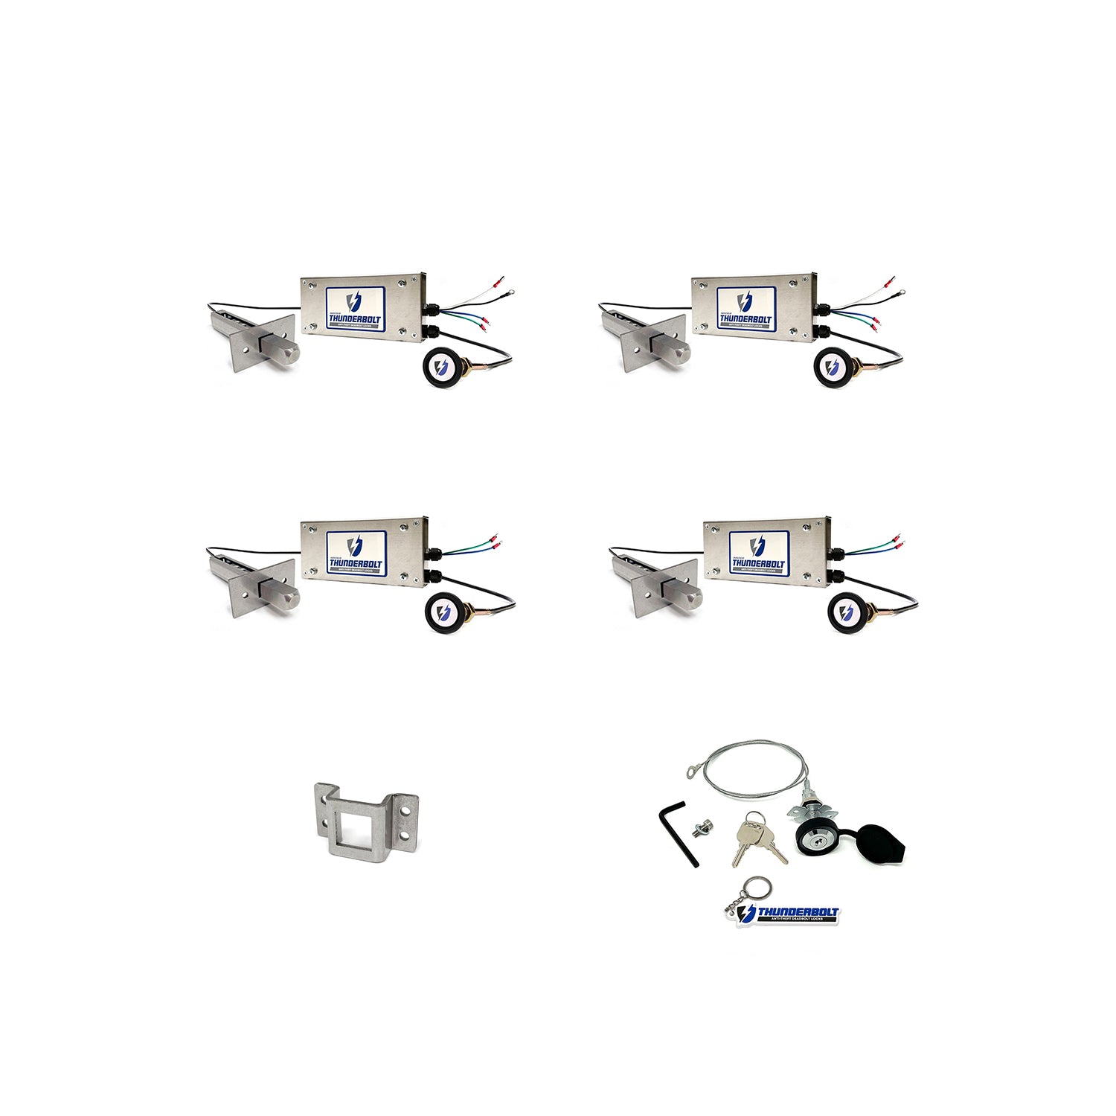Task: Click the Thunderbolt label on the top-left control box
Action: coord(355,307)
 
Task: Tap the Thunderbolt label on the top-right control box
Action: coord(745,307)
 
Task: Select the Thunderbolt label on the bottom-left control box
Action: coord(356,551)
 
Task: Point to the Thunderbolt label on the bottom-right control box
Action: coord(757,551)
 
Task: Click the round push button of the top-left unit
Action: coord(443,367)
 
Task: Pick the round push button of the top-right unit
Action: coord(833,367)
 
